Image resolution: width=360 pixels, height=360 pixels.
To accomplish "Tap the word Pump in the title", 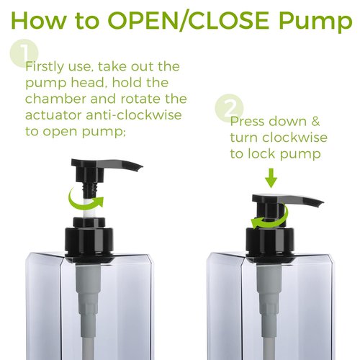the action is [315, 22].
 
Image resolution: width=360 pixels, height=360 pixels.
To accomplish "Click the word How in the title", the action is [38, 21].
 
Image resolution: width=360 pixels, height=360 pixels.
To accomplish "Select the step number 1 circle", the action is [24, 53].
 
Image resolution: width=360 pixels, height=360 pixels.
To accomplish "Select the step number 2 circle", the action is [229, 108].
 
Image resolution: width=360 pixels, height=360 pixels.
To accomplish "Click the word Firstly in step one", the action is [45, 67].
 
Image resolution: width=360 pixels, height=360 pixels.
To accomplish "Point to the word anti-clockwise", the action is [134, 115].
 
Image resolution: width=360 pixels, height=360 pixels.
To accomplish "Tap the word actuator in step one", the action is [53, 115].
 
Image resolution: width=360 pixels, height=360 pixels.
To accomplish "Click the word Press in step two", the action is [247, 122].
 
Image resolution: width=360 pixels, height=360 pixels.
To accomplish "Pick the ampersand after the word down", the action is [315, 122].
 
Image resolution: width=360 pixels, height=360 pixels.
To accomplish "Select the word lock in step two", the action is [261, 153].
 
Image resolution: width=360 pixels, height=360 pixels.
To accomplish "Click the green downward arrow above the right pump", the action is [271, 178].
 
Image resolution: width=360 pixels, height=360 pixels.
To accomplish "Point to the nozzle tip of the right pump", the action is [320, 204].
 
